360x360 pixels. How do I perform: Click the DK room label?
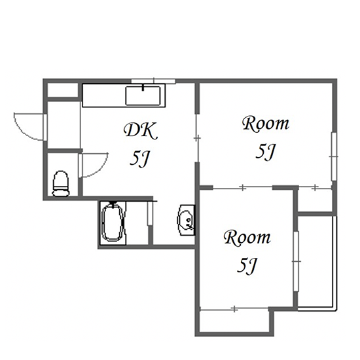coord(141,132)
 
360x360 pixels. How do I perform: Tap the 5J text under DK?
coord(139,160)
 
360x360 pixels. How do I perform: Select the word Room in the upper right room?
coord(266,124)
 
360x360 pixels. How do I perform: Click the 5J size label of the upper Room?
coord(265,152)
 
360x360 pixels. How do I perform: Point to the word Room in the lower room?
coord(247,238)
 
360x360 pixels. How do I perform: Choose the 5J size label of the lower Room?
coord(247,266)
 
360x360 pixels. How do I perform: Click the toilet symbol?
coord(61,184)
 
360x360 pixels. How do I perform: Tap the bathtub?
coord(113,222)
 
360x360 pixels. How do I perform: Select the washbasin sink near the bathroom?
coord(187,220)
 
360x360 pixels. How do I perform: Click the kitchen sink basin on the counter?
coord(143,96)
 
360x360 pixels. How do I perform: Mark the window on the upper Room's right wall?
coord(334,156)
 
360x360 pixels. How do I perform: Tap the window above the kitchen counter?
coord(153,81)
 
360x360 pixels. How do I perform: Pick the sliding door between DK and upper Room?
coord(197,138)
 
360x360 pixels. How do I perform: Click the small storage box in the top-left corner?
coord(62,90)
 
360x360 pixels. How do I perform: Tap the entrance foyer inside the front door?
coord(63,125)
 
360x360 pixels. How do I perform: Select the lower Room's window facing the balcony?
coord(296,262)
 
